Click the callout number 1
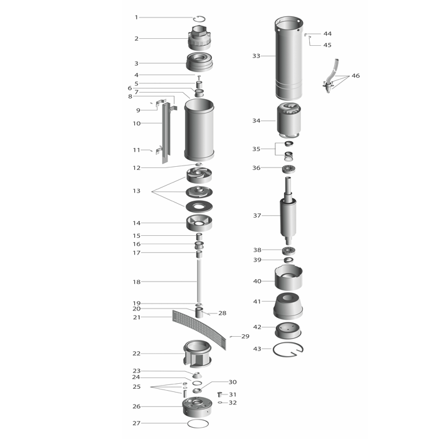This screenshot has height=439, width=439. [136, 18]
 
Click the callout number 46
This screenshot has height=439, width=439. [356, 76]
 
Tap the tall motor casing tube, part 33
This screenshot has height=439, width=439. [288, 58]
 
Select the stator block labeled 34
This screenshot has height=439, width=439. [289, 120]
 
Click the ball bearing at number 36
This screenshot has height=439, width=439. [288, 169]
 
